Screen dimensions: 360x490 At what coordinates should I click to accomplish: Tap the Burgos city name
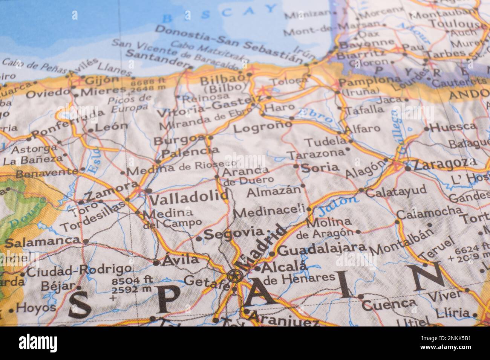179,140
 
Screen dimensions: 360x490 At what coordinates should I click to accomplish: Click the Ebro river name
315,115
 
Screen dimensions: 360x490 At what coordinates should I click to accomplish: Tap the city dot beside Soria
296,166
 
